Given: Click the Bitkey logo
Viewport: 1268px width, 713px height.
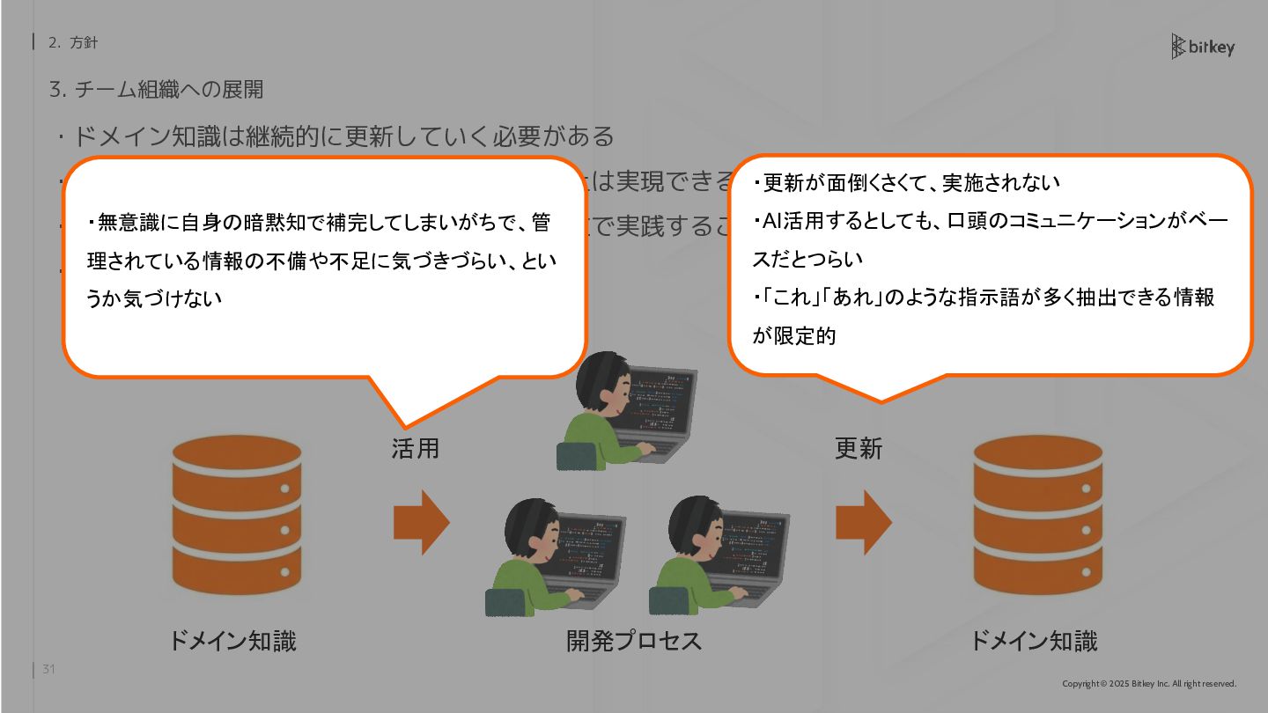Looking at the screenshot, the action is click(1202, 47).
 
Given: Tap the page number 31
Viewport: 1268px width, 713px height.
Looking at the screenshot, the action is click(48, 670).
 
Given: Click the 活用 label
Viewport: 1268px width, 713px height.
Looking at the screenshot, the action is click(415, 449).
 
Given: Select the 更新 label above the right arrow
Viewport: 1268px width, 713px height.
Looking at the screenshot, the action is click(858, 449).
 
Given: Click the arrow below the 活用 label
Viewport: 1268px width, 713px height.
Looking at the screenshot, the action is click(421, 522).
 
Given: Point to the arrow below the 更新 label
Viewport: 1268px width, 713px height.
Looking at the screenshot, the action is click(863, 522).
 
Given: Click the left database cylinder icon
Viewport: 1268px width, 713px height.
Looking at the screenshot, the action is click(236, 515).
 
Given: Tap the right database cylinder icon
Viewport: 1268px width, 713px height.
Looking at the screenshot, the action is click(1037, 515).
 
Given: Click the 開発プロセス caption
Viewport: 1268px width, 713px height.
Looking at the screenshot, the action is click(634, 641).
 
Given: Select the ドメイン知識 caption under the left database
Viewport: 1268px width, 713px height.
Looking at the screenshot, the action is click(232, 641).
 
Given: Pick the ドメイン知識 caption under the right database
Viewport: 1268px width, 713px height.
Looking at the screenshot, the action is click(1034, 641).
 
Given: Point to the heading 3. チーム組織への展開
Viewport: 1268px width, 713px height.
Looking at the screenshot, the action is click(156, 90).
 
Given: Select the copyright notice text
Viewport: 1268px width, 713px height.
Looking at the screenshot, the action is click(1149, 684).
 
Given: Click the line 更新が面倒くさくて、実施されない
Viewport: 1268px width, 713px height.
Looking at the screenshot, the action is click(910, 183).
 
